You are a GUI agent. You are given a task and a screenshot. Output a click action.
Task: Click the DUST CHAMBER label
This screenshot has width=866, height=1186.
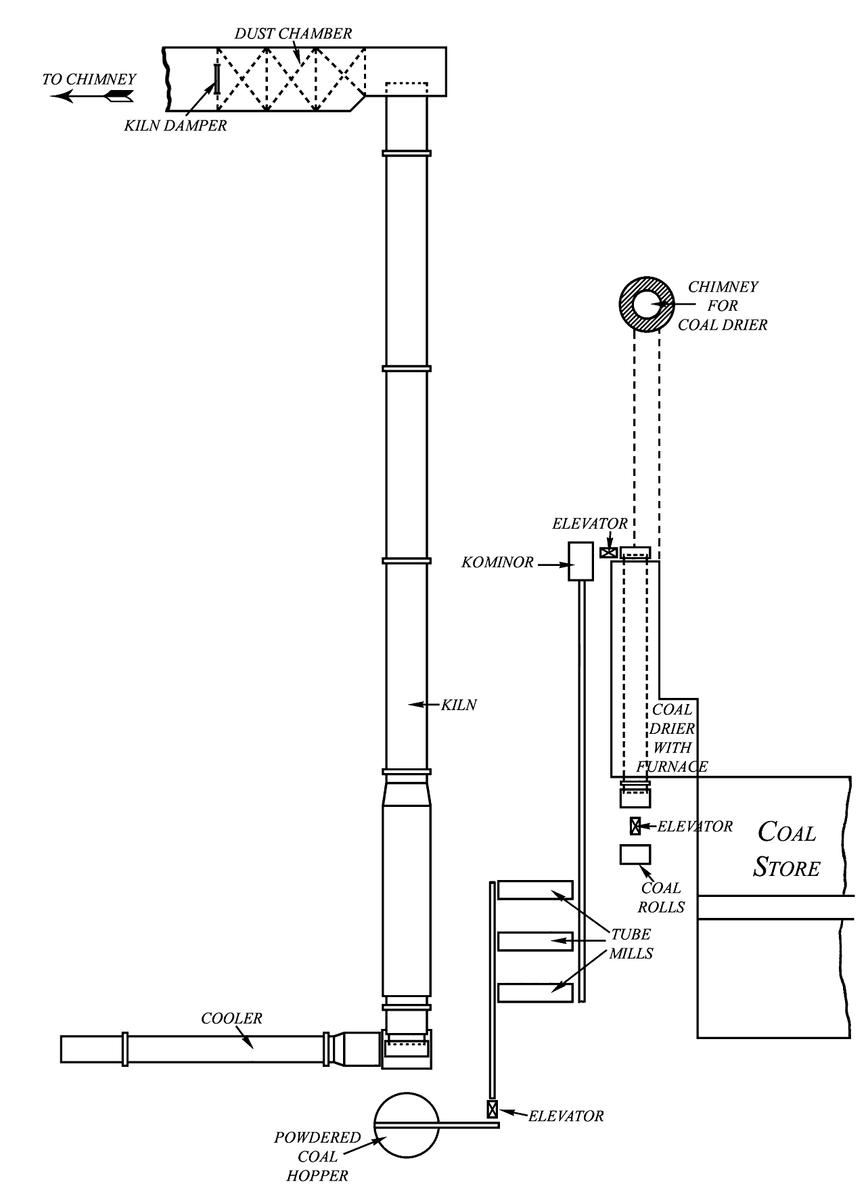(x=293, y=34)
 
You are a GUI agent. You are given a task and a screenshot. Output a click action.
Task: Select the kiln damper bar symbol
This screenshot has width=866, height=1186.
(x=216, y=79)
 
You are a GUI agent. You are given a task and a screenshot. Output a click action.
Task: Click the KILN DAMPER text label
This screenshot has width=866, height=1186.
(x=175, y=126)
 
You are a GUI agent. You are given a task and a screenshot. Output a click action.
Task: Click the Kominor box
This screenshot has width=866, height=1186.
(x=580, y=561)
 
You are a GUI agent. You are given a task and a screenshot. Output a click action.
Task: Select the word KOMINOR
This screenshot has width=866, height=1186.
(x=497, y=563)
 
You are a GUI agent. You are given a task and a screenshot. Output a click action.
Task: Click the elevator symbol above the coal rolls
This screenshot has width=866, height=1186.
(x=635, y=826)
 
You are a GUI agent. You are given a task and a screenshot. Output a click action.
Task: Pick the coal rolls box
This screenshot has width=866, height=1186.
(x=635, y=854)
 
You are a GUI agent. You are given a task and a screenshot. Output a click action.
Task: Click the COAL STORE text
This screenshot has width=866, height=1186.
(x=787, y=850)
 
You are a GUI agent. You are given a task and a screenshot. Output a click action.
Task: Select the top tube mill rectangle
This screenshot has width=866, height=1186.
(x=535, y=889)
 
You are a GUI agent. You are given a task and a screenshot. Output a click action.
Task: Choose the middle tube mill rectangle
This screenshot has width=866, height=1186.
(x=535, y=941)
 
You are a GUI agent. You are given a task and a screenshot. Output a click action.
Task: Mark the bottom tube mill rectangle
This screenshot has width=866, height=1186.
(x=535, y=992)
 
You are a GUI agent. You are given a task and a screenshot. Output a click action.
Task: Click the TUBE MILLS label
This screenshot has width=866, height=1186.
(x=631, y=944)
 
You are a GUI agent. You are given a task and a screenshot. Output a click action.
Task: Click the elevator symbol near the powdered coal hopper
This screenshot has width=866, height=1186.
(x=492, y=1110)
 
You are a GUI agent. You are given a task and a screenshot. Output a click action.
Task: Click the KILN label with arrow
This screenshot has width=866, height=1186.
(x=459, y=705)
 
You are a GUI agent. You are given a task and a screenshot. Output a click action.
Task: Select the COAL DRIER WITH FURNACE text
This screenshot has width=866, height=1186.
(x=672, y=738)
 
